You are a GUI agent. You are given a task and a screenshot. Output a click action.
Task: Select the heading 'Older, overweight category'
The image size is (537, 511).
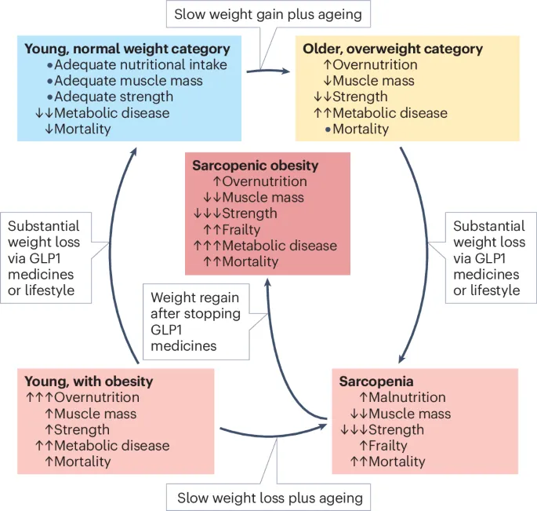pos(393,49)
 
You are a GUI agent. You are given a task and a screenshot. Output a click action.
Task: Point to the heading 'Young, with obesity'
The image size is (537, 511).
pos(89,381)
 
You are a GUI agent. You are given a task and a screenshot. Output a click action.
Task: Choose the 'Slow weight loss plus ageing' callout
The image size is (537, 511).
pos(270,497)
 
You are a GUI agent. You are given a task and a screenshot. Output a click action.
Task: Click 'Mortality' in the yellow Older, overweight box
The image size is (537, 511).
pos(361,129)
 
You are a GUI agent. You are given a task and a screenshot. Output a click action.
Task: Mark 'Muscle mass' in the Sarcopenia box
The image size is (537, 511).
pos(410,414)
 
